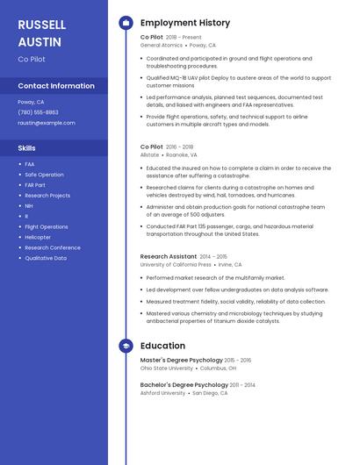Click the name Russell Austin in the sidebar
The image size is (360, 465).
pos(40,32)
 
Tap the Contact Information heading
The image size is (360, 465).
pos(56,86)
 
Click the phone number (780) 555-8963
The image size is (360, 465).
pos(38,112)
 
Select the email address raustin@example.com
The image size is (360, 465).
pos(46,123)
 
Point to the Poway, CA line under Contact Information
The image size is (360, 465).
pos(31,102)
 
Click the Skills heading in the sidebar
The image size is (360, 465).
pos(26,147)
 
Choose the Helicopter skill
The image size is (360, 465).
pos(38,237)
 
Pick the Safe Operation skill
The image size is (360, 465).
pos(44,175)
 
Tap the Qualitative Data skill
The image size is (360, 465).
pos(46,258)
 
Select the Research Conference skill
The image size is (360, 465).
pos(53,247)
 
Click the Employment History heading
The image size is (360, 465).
pos(185,23)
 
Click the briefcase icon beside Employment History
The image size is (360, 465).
pos(126,23)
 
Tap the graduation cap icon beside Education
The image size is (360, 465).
pos(126,346)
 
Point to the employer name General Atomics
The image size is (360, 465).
pos(162,45)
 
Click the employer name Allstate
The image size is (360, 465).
pos(149,154)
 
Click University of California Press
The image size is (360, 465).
pos(176,264)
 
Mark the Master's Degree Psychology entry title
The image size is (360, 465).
pos(181,360)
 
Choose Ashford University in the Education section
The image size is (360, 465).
pos(162,393)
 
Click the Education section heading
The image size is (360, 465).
pos(162,346)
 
